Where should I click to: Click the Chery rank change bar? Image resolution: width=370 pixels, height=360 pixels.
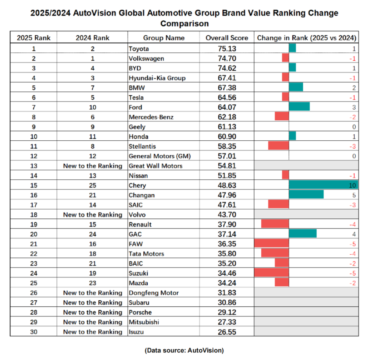tap(323, 185)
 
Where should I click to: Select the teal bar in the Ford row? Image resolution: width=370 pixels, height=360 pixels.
tap(299, 107)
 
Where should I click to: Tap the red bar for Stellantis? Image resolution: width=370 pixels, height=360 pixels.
tap(278, 146)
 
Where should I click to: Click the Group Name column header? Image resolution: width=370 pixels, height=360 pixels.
tap(164, 37)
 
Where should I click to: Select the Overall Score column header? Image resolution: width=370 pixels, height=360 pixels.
tap(226, 37)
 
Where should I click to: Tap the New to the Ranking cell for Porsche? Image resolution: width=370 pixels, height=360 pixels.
tap(93, 312)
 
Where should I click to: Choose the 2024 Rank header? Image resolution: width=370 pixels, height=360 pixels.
tap(93, 37)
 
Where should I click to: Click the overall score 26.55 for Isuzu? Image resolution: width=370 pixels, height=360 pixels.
tap(227, 331)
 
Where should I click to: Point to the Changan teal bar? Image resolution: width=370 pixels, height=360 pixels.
tap(306, 195)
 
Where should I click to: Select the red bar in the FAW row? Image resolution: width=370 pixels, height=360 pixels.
tap(271, 244)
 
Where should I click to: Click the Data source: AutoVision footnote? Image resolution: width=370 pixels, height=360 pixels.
tap(184, 350)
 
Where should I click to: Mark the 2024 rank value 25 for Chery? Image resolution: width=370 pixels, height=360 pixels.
tap(93, 185)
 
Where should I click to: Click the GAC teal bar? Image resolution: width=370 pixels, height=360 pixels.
tap(303, 234)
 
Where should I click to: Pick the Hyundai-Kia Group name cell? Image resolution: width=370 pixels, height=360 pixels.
tap(157, 77)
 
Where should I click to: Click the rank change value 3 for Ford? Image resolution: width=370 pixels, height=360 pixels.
tap(354, 107)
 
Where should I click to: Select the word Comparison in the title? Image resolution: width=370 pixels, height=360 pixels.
tap(184, 24)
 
